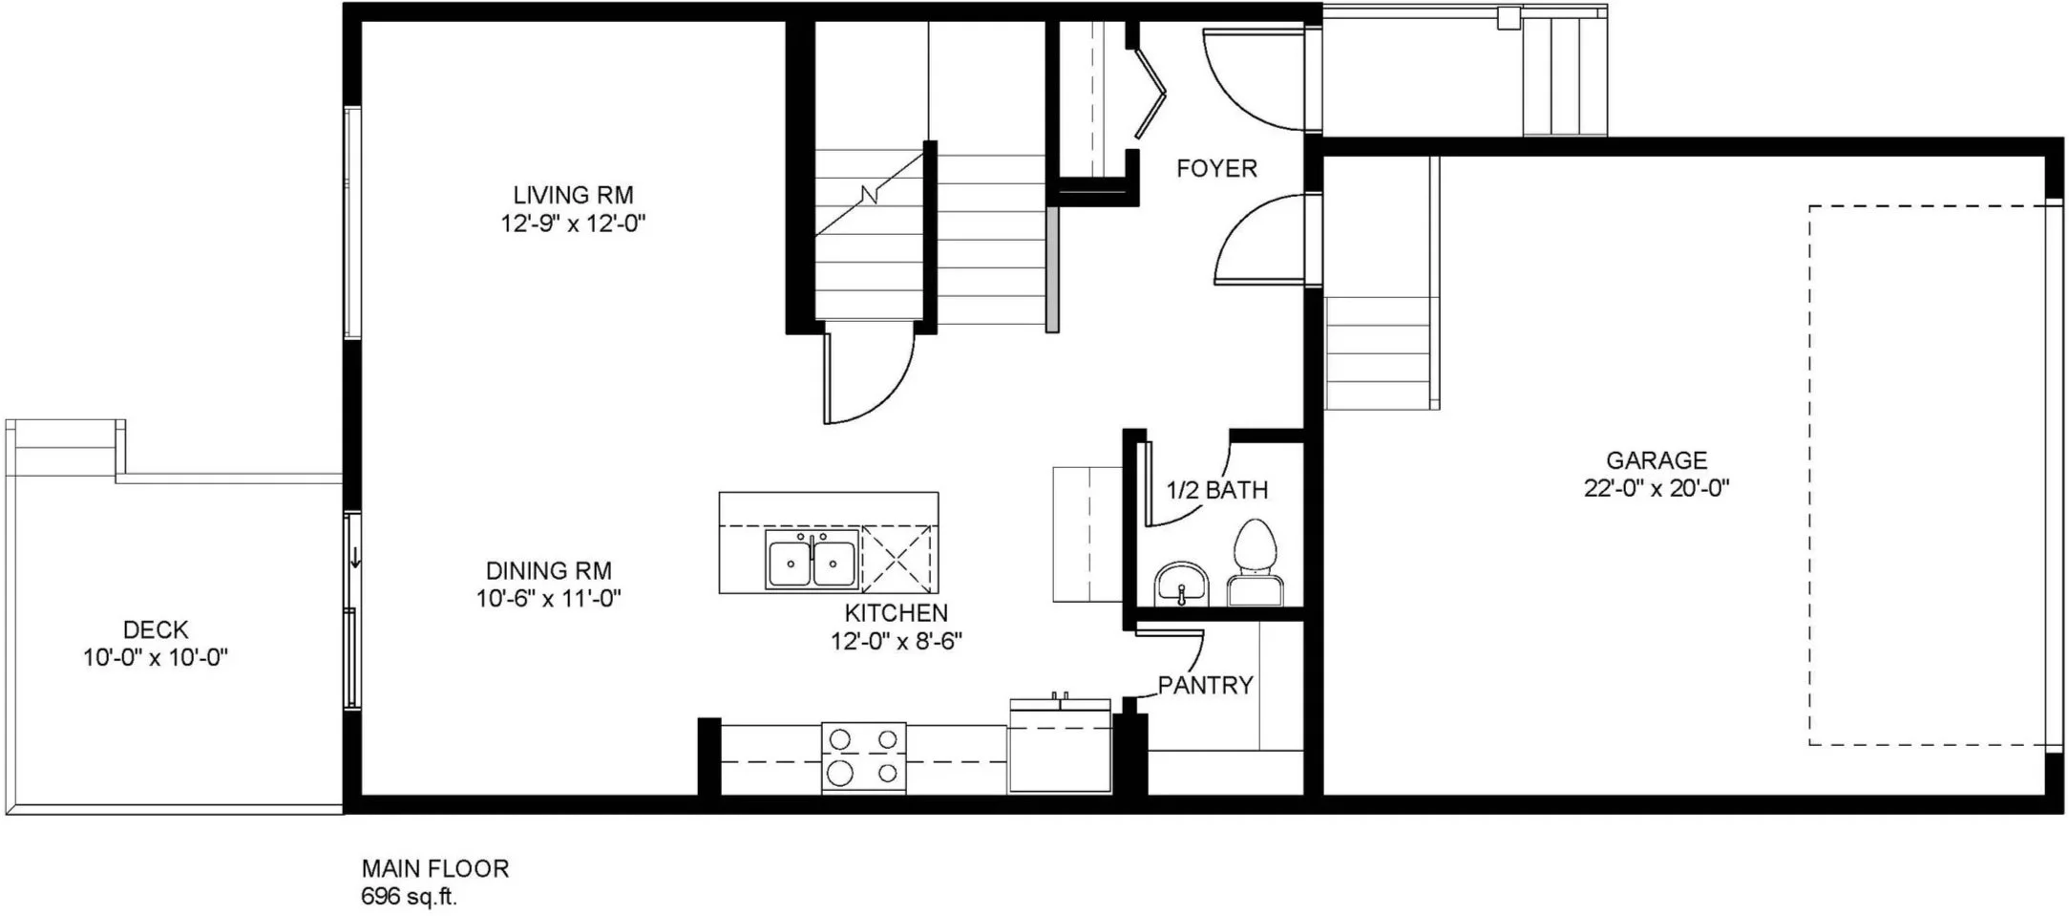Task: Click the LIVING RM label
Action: point(573,195)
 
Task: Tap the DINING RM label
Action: point(549,571)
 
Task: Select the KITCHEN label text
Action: point(897,613)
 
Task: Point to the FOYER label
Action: point(1216,169)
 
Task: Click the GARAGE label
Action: point(1657,460)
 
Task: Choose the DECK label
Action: point(156,630)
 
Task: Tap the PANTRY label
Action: point(1205,685)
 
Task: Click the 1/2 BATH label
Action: point(1217,490)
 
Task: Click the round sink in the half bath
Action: point(1181,584)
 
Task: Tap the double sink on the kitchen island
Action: point(811,561)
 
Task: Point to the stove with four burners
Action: point(864,757)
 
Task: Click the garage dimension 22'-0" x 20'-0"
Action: point(1657,488)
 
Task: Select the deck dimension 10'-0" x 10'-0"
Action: point(156,658)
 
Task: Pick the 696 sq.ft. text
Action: point(409,897)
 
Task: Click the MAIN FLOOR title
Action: point(434,868)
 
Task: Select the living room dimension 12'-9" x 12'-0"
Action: point(573,224)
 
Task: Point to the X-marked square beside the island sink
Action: point(897,559)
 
